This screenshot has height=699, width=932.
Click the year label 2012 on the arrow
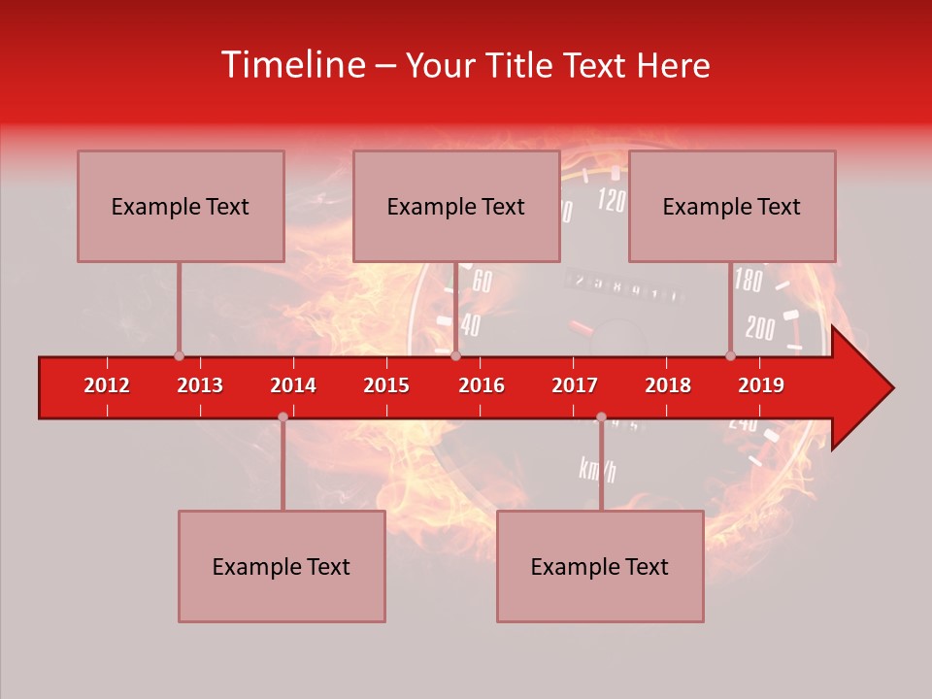107,385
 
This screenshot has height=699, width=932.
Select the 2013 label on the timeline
200,385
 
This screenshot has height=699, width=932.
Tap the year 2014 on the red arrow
293,385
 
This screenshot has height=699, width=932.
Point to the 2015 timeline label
386,385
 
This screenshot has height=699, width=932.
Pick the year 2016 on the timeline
482,385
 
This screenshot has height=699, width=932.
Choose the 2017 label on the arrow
575,385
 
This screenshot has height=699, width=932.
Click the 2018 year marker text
668,385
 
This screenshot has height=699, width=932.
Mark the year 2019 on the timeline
761,385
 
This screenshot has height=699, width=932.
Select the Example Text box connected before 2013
181,206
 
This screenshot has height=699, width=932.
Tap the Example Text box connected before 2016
456,206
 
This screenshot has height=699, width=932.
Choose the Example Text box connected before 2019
732,206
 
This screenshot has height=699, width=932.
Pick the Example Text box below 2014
282,566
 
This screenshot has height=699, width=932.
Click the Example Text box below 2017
600,566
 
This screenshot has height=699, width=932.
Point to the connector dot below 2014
283,416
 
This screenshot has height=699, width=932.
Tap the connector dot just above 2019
730,355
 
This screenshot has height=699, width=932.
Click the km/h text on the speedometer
597,470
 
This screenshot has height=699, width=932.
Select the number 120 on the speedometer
611,201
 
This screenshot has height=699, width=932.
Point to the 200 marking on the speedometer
760,328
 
